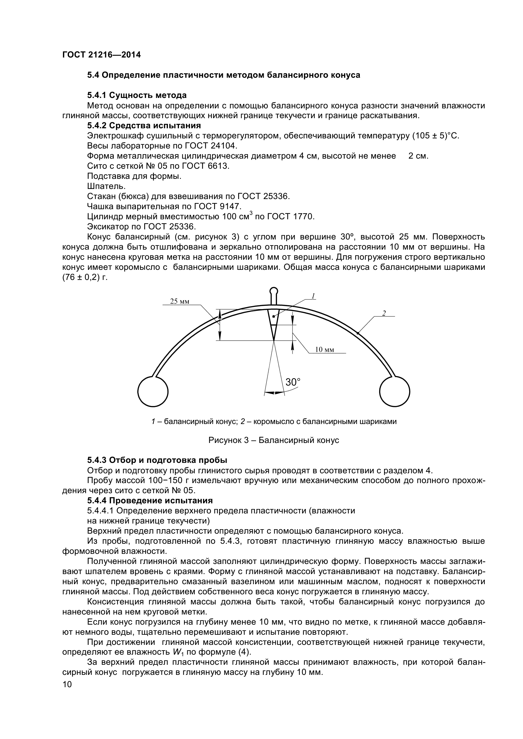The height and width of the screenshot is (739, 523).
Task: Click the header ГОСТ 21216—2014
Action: pos(102,55)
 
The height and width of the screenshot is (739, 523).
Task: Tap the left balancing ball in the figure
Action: pos(153,391)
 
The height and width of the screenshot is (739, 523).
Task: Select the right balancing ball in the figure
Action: pos(395,391)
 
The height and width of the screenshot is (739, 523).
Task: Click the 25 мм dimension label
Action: pos(180,302)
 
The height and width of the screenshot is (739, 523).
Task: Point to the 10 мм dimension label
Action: pos(324,349)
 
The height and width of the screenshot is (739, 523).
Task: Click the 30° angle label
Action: pos(293,382)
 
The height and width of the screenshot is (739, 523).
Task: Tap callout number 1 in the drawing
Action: pos(313,296)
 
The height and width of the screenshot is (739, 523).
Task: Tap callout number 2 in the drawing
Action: pos(384,313)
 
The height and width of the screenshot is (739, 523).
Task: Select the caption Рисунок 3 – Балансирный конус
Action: pos(274,440)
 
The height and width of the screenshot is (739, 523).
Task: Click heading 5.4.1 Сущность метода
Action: pos(137,95)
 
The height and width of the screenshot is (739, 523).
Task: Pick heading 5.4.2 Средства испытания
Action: pos(144,125)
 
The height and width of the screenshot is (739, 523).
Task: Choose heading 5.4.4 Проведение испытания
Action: pos(150,500)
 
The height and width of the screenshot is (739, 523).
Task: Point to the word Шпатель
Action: pos(106,186)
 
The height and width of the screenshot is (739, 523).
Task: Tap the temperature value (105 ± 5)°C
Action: pos(435,136)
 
